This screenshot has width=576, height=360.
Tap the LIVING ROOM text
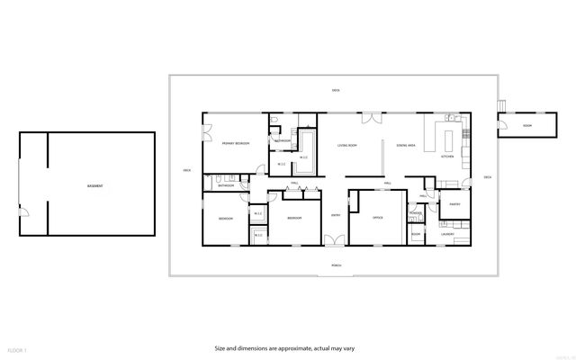click(348, 145)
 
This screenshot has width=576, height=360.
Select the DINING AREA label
click(405, 145)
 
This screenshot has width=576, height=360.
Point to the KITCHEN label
click(447, 157)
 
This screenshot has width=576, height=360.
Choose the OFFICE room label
click(378, 218)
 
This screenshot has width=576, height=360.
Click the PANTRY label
click(454, 204)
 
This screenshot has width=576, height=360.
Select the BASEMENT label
click(94, 186)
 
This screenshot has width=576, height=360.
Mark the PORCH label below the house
click(337, 265)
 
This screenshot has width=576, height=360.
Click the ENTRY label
click(336, 215)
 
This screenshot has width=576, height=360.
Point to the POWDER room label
click(416, 213)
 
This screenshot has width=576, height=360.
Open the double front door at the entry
click(336, 240)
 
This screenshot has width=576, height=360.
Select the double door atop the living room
click(370, 118)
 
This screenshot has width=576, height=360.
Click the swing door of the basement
click(26, 212)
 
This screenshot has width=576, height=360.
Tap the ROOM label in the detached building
click(526, 125)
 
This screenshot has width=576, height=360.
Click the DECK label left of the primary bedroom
click(187, 170)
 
